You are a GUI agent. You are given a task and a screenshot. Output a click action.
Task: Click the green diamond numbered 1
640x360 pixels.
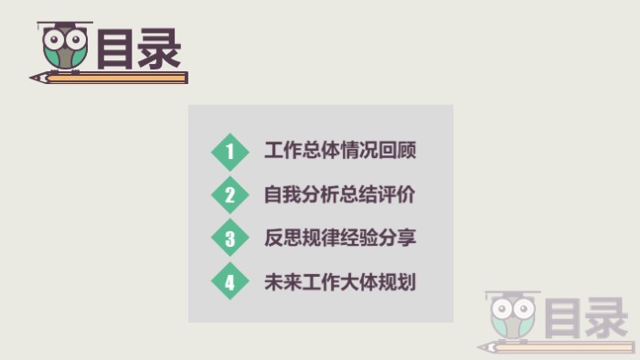229,152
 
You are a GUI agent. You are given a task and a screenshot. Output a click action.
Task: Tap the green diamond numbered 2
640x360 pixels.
229,195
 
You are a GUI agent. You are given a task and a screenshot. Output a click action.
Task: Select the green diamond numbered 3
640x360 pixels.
229,238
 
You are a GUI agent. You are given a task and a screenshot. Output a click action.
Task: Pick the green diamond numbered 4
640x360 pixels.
229,281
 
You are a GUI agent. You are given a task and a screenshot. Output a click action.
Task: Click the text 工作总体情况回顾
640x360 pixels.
339,151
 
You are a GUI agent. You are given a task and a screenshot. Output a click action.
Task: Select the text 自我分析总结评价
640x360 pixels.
339,194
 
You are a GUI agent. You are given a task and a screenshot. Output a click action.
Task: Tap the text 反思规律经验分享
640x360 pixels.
339,238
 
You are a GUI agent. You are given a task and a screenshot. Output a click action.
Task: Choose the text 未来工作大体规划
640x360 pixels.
339,281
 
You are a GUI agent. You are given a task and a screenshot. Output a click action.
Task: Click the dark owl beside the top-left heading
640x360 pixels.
65,48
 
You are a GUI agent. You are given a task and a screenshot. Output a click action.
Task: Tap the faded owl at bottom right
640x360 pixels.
512,316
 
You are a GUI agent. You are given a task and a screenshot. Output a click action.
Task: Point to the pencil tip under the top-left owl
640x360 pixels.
37,79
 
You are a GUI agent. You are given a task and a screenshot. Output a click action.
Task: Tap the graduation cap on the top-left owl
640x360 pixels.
65,26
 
